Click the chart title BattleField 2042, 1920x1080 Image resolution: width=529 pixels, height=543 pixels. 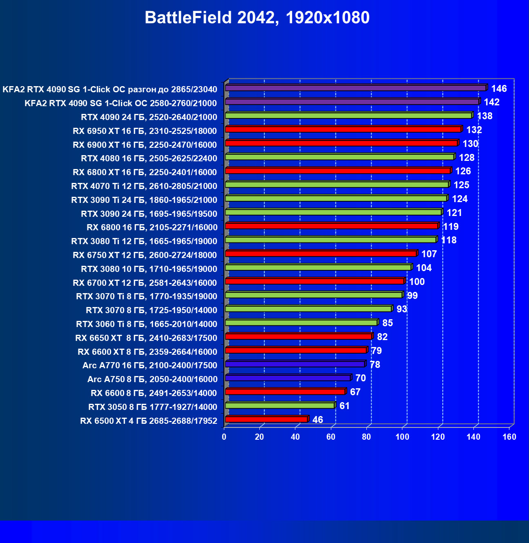coord(257,18)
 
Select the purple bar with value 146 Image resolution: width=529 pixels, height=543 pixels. coord(355,88)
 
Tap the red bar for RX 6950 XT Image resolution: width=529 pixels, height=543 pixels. coord(343,129)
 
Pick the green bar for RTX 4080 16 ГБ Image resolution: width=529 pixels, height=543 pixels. coord(339,157)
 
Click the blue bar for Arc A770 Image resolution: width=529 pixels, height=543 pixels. coord(295,364)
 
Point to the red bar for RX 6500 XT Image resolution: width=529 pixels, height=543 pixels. coord(266,419)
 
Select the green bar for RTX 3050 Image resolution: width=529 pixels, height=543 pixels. coord(280,405)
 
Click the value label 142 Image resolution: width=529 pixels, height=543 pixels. coord(491,102)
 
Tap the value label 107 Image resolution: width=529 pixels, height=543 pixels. coord(429,254)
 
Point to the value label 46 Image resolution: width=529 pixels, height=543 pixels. coord(317,420)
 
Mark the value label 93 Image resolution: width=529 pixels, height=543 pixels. coord(402,309)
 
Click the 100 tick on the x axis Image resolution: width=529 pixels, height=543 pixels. coord(402,437)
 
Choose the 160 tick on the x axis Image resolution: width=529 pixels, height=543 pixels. coord(509,437)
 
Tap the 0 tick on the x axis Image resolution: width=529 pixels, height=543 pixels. coord(224,437)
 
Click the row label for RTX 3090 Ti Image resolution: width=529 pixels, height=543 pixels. coord(144,200)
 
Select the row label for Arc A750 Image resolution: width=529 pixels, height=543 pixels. coord(152,379)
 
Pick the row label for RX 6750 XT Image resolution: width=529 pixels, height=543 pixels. coord(145,255)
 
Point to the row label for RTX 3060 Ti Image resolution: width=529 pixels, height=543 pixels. coord(146,324)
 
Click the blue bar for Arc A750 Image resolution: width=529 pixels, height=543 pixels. coord(288,378)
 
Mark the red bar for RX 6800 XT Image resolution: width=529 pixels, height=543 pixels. coord(338,171)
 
